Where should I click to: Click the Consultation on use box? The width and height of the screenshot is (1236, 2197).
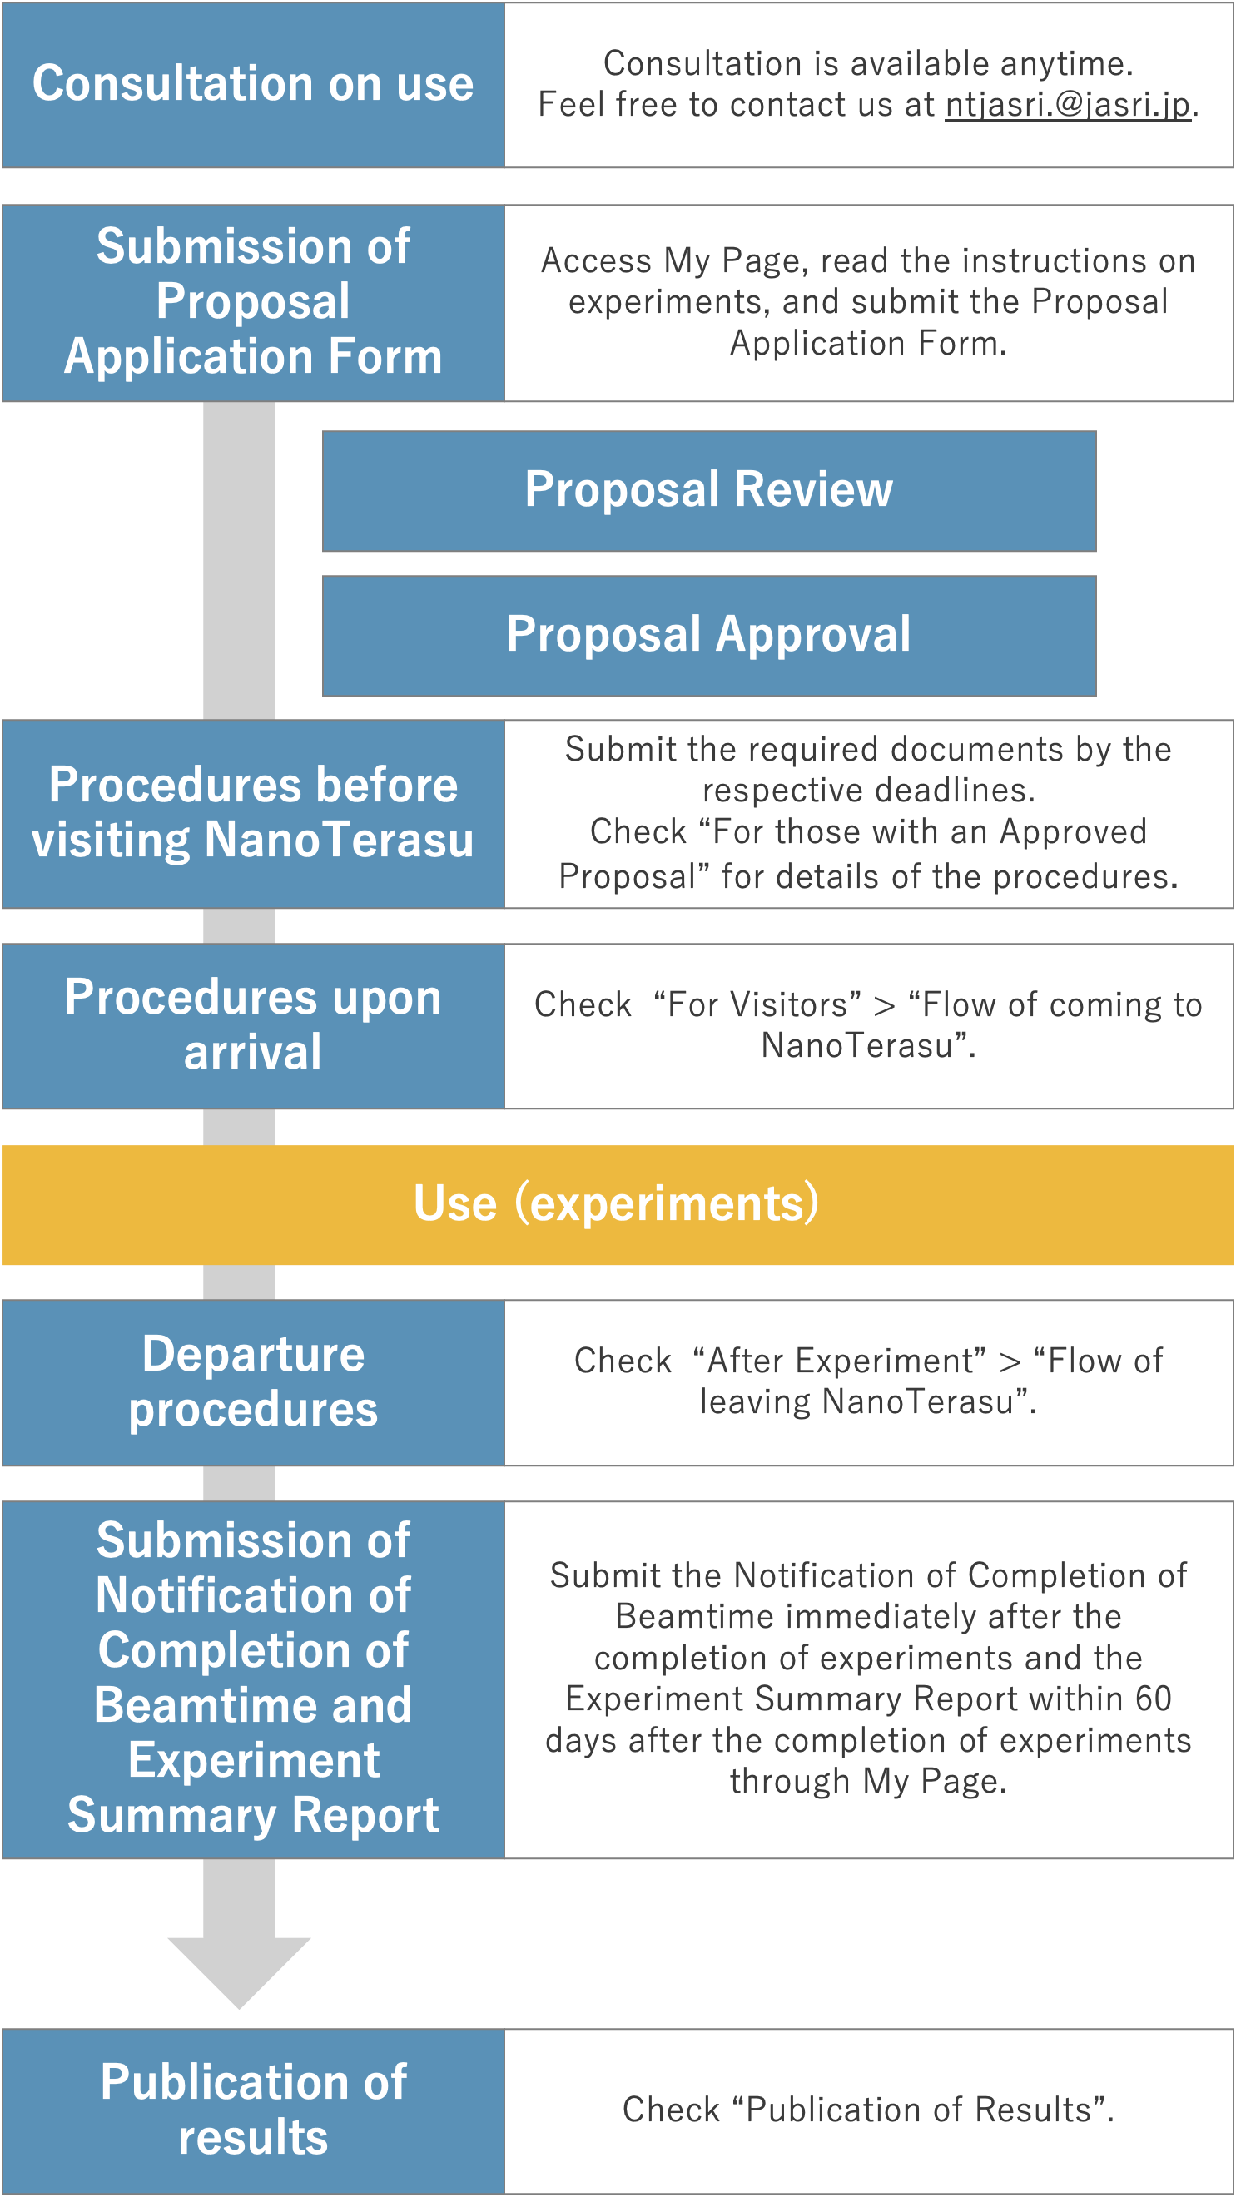252,83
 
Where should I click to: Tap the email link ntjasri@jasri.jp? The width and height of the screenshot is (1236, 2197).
1067,105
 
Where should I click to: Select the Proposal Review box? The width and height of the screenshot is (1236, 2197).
709,490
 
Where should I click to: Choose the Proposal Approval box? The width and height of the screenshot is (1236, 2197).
709,636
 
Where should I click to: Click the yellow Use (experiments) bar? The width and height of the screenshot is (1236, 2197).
617,1204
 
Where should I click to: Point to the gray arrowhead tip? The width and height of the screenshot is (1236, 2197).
239,2006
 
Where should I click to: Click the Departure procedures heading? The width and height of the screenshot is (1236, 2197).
252,1381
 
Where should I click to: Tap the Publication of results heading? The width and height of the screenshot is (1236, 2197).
252,2109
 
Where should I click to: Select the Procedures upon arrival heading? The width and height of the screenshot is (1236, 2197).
252,1025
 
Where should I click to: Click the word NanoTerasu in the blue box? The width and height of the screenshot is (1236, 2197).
339,840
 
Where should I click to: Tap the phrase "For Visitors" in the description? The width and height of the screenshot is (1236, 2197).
757,1004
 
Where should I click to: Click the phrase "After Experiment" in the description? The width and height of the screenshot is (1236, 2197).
839,1361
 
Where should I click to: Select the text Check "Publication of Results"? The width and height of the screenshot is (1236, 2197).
867,2110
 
